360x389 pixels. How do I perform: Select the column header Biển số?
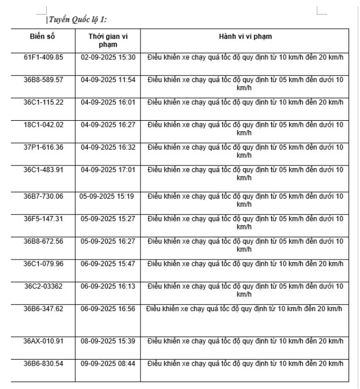[44, 36]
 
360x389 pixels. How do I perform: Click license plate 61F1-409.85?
[44, 57]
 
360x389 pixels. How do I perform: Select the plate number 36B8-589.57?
[44, 79]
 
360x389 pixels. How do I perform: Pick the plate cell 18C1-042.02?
[44, 125]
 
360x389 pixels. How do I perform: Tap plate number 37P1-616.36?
[44, 147]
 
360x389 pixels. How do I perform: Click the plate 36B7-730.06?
[44, 196]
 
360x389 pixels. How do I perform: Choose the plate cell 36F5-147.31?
[44, 218]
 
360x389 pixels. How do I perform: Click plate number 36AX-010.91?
[44, 341]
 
